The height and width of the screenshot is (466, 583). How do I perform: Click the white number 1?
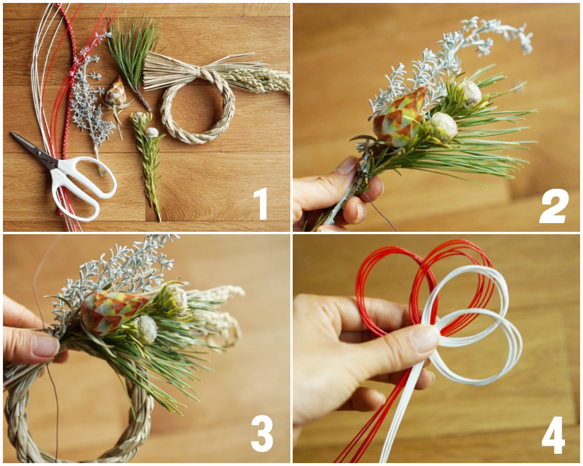[x=261, y=203]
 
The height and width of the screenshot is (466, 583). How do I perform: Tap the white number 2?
[x=553, y=206]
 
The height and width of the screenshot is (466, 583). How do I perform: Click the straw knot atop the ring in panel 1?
[x=201, y=72]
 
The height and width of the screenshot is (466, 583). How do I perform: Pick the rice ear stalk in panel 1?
[x=262, y=81]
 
